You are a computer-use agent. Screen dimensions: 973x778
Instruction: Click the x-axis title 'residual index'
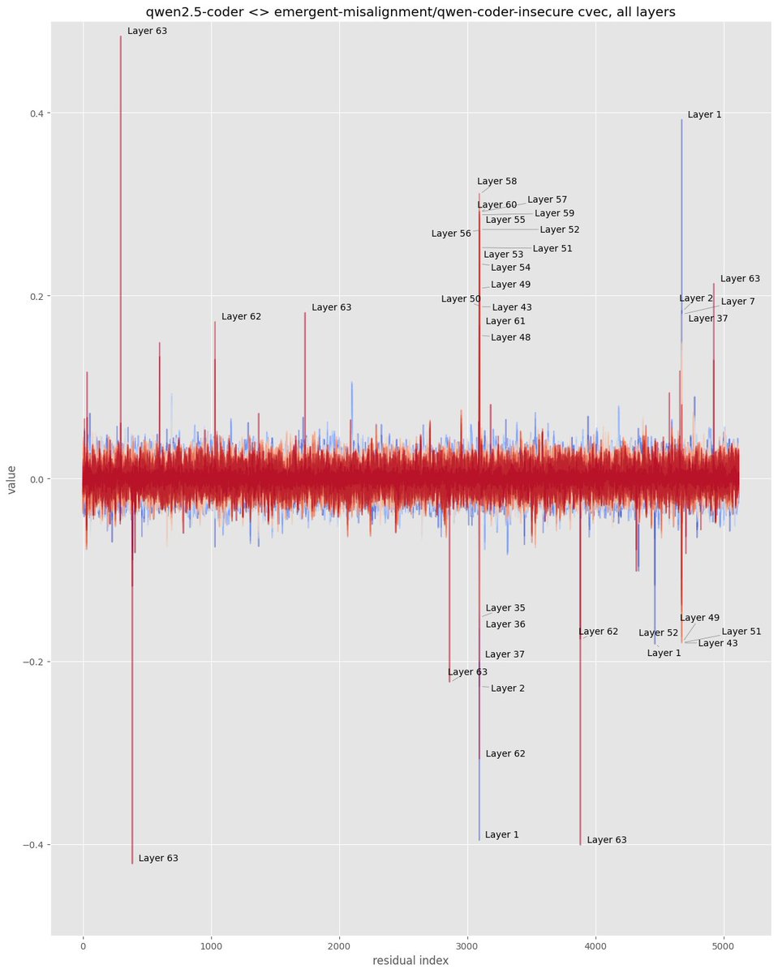pos(410,960)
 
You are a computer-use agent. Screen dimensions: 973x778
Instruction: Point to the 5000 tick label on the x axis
pos(724,943)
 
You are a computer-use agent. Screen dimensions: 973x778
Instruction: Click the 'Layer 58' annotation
pos(496,182)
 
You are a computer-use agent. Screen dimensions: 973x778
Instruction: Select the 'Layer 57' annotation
pos(547,199)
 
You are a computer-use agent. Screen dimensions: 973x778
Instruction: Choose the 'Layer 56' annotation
pos(451,234)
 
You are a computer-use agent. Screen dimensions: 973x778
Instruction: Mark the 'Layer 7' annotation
pos(737,302)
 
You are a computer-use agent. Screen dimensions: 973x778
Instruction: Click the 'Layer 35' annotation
pos(505,608)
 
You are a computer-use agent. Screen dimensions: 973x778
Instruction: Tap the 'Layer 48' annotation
pos(510,337)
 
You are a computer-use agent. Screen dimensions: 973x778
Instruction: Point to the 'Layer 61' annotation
pos(505,321)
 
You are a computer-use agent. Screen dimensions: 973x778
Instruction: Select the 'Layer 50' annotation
pos(461,299)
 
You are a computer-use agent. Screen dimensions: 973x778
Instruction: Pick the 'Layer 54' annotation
pos(510,268)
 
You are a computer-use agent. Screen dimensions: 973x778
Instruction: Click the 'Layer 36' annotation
pos(505,624)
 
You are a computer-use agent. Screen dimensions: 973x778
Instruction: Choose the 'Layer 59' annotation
pos(554,213)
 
